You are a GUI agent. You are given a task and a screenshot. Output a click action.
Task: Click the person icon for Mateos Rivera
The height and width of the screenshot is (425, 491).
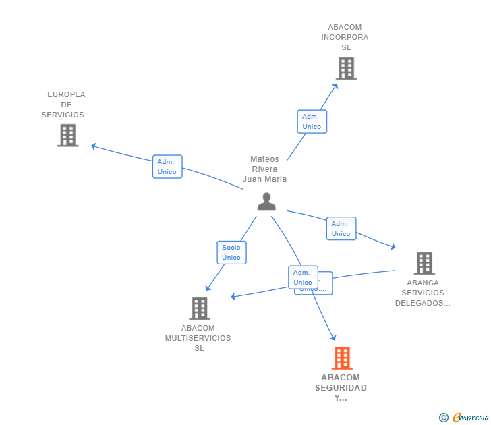pos(266,202)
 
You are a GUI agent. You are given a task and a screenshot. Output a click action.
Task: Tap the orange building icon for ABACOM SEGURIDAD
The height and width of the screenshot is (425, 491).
pos(342,358)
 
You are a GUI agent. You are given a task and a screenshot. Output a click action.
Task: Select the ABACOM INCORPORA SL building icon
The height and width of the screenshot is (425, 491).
pos(346,68)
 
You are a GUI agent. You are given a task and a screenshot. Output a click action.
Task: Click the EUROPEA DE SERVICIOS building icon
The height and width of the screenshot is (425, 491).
pos(67,135)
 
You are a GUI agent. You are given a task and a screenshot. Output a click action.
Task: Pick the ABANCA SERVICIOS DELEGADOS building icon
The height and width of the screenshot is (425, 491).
pos(424,263)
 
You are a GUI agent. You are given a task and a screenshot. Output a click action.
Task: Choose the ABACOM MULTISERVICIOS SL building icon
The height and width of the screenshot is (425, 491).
pos(199,308)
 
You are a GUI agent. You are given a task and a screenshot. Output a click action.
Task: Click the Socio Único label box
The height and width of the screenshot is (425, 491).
pos(231,252)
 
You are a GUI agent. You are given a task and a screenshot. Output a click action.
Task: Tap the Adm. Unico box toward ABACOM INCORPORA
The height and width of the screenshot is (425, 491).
pos(312,121)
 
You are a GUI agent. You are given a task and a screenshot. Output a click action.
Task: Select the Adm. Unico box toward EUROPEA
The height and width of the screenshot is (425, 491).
pos(167,167)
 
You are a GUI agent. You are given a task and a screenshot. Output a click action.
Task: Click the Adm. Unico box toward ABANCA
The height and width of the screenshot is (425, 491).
pos(341,229)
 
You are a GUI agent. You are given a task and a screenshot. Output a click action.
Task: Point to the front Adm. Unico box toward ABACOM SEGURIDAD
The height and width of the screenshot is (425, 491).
pos(303,277)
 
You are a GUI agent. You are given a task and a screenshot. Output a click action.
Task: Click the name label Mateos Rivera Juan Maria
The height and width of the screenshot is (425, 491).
pos(264,169)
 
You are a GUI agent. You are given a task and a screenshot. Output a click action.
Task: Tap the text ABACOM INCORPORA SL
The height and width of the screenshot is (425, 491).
pos(345,37)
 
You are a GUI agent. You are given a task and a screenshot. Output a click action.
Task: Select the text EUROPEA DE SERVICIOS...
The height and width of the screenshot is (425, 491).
pos(66,105)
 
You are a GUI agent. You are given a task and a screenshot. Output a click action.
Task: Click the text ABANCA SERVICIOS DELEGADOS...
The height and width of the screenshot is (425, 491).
pos(423,293)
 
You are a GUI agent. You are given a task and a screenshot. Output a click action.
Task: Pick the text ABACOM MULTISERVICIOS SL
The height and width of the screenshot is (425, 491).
pos(198,338)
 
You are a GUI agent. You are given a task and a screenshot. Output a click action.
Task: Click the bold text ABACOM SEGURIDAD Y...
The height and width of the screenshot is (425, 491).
pos(341,387)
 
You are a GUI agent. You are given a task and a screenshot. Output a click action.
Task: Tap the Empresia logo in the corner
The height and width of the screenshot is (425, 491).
pos(469,418)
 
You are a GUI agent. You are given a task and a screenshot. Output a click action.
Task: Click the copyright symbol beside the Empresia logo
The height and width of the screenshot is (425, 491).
pos(444,418)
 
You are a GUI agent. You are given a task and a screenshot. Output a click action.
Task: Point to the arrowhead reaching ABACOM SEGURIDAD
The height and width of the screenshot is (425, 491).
pos(333,337)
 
